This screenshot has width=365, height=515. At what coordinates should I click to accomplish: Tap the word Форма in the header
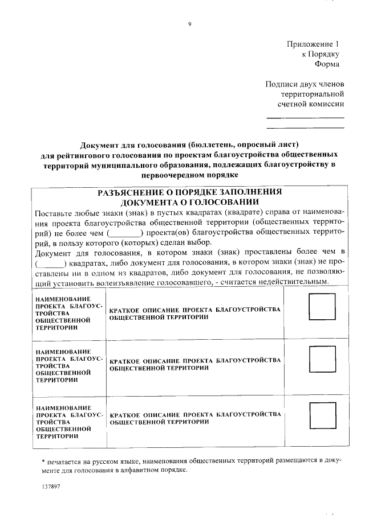coord(327,64)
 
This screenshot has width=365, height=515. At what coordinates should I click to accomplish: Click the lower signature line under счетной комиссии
coord(306,127)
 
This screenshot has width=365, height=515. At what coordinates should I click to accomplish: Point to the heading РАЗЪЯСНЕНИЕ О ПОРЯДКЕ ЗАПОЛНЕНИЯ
coord(189,192)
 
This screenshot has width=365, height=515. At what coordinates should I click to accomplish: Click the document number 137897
coord(51,488)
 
